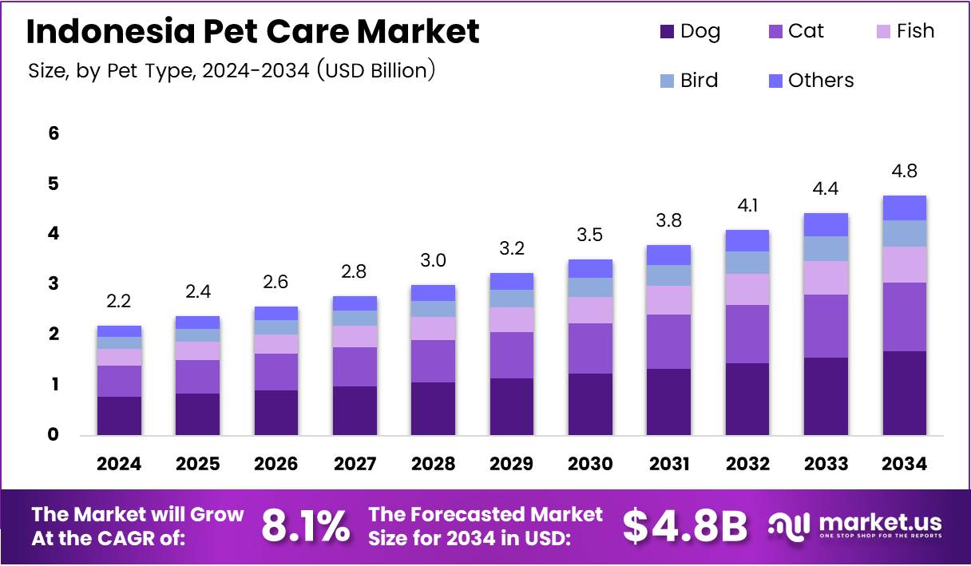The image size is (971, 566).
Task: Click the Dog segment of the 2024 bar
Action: (x=119, y=415)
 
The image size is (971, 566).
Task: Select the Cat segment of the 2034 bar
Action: (x=904, y=317)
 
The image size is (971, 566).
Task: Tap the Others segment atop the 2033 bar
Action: (x=826, y=224)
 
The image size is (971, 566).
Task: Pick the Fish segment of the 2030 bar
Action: (x=590, y=310)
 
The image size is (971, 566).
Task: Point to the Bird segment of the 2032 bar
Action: (x=747, y=263)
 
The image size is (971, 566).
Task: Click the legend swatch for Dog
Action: (x=667, y=32)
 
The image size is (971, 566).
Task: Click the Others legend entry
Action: (x=810, y=81)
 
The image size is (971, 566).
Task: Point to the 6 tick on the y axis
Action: (x=54, y=133)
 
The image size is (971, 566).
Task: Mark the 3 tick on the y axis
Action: (x=54, y=283)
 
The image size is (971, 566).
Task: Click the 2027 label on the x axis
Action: (x=355, y=464)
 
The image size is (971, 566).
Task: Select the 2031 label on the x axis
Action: (x=668, y=464)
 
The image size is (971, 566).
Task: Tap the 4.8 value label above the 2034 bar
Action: (x=904, y=171)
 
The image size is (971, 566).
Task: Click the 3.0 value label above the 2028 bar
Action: (x=433, y=260)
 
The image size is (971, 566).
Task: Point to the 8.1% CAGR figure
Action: (x=305, y=527)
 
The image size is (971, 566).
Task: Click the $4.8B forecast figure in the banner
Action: (x=684, y=527)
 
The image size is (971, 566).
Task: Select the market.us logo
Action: (x=854, y=526)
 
